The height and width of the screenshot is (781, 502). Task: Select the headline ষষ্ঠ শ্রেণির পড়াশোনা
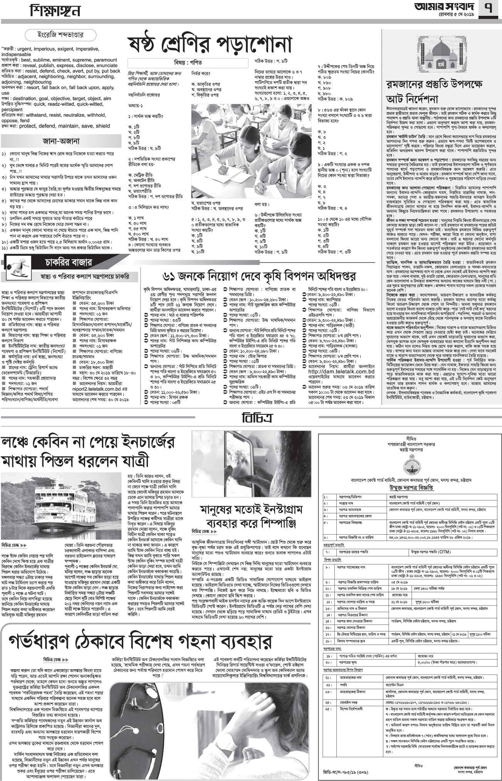210,44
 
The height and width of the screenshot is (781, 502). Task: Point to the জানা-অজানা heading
62,140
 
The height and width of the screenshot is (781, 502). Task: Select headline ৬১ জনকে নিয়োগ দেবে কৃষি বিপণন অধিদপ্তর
259,276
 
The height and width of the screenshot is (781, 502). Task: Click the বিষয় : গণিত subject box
188,62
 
